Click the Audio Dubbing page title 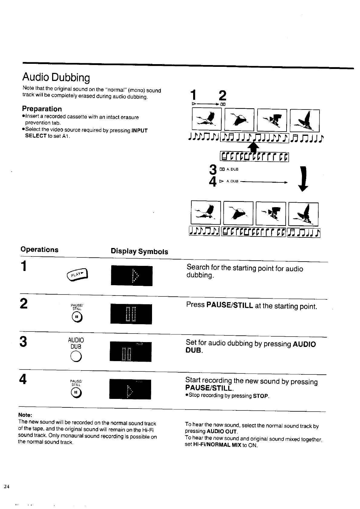tap(56, 78)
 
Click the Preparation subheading tap(42, 109)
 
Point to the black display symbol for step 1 tap(131, 276)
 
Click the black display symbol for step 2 tap(131, 314)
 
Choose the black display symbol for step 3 tap(130, 352)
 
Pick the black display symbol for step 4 tap(130, 389)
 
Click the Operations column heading tap(39, 250)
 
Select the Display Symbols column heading tap(139, 252)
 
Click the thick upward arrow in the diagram tap(254, 149)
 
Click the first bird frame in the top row tap(206, 120)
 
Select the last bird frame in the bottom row tap(303, 214)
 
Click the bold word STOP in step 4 tap(261, 396)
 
